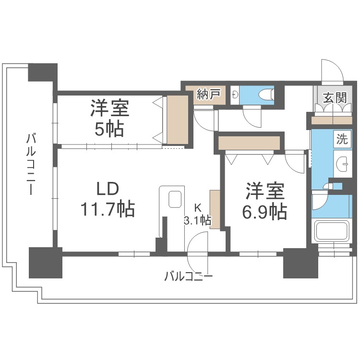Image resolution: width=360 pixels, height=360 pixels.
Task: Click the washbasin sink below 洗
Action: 342,163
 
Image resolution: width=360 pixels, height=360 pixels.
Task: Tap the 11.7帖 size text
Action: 107,209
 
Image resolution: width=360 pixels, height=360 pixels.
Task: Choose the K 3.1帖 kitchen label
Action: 197,215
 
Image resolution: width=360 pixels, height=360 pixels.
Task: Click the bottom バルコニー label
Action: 188,276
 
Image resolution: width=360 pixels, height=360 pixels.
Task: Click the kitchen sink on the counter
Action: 175,199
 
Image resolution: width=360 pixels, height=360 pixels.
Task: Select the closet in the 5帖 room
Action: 177,120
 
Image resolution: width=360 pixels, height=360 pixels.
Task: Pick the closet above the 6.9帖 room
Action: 249,143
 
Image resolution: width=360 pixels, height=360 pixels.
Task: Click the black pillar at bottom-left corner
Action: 46,262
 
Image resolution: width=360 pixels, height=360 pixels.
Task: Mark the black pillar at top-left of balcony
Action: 43,72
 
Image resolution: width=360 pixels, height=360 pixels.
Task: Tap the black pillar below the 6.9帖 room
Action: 300,263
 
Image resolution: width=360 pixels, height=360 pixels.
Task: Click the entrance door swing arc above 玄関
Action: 331,72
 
